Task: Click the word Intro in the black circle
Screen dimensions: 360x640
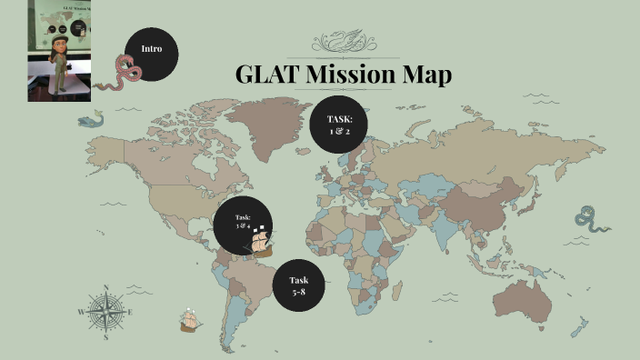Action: click(151, 48)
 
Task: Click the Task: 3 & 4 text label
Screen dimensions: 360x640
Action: click(242, 219)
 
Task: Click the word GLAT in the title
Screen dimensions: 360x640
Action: click(267, 75)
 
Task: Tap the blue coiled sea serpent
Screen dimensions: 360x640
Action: click(588, 219)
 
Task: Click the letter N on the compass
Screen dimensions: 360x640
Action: click(106, 288)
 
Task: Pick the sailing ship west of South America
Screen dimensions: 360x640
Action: click(190, 318)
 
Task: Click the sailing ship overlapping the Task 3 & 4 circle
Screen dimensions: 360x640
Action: click(261, 240)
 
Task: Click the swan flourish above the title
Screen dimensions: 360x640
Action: click(343, 42)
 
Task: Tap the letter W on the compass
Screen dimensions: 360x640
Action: click(82, 313)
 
